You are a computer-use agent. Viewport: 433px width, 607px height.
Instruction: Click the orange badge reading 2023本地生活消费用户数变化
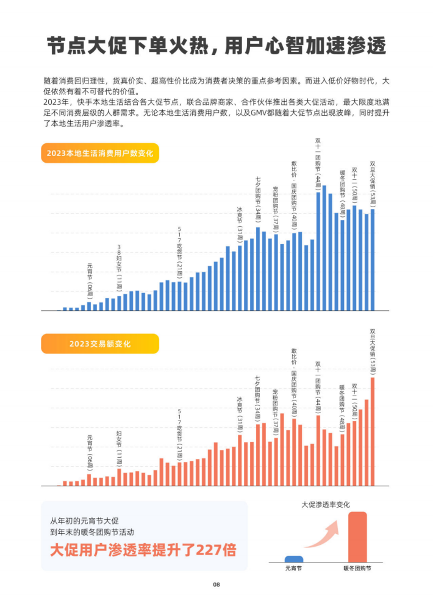[x=100, y=152]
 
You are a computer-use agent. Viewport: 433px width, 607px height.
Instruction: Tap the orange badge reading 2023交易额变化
[x=100, y=344]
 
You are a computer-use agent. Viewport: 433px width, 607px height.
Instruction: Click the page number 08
[x=216, y=584]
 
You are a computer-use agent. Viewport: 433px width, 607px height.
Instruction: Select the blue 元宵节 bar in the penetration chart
[x=294, y=559]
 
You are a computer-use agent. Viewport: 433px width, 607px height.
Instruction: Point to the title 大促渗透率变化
[x=326, y=505]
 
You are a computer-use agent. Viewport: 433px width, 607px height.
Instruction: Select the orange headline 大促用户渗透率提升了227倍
[x=143, y=550]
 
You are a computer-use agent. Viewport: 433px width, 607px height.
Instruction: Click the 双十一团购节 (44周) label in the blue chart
[x=318, y=164]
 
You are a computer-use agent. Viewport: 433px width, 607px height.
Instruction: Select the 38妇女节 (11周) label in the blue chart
[x=120, y=268]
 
